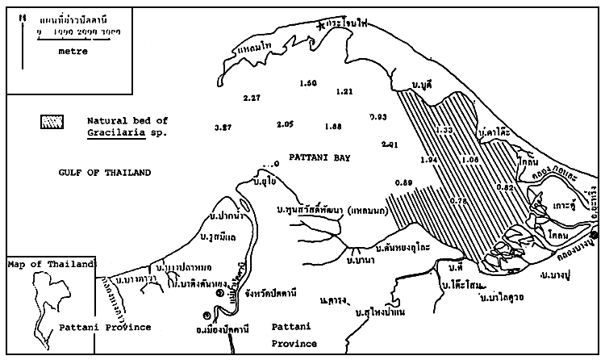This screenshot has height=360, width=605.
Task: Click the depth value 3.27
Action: pyautogui.click(x=223, y=128)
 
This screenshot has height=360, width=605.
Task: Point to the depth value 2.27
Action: pyautogui.click(x=252, y=98)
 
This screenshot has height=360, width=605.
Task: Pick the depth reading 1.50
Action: pyautogui.click(x=308, y=84)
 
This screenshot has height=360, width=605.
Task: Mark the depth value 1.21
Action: pyautogui.click(x=344, y=91)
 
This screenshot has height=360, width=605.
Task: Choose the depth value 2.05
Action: pyautogui.click(x=285, y=124)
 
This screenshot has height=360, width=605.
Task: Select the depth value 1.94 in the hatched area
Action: pyautogui.click(x=429, y=160)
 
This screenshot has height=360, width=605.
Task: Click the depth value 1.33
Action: pyautogui.click(x=444, y=130)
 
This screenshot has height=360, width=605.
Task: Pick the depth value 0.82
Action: pyautogui.click(x=505, y=187)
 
